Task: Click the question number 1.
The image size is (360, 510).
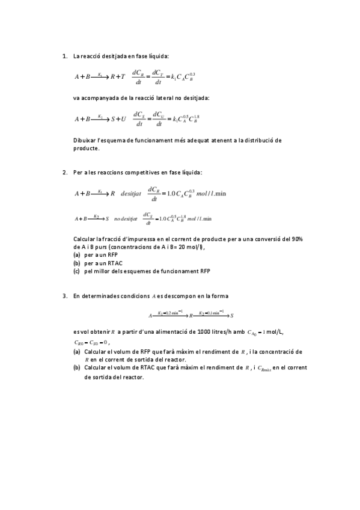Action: (64, 57)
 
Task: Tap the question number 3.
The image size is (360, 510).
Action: (64, 296)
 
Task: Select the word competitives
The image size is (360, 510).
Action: (128, 173)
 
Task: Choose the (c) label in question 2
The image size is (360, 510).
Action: (76, 271)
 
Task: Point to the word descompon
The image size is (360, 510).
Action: (178, 296)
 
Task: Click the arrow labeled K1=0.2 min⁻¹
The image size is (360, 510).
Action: (170, 315)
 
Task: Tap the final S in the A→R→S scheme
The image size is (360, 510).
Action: (232, 315)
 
